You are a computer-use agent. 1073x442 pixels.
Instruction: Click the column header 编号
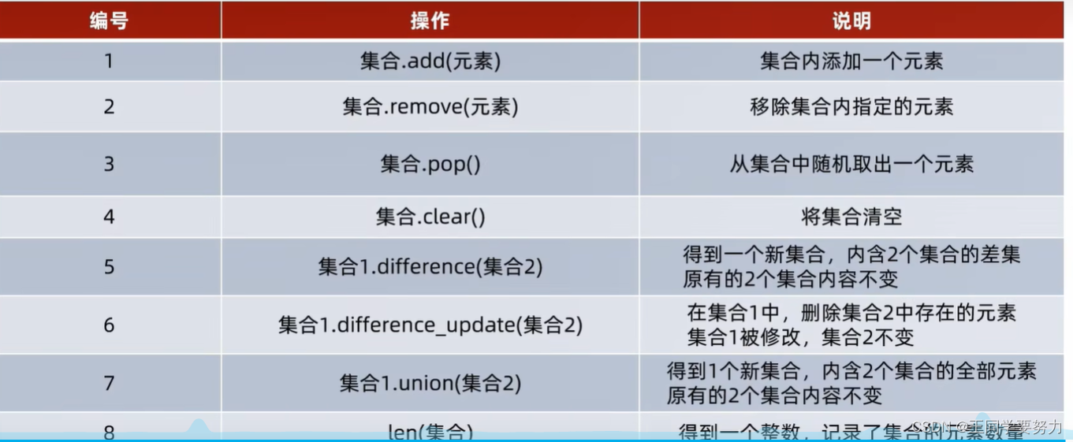pos(109,20)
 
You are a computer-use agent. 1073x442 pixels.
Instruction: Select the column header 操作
pos(430,20)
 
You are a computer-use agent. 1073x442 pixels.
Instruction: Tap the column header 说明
pos(851,20)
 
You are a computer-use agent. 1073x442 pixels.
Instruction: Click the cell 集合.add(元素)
pos(430,61)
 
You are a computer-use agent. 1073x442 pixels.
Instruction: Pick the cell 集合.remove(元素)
pos(430,106)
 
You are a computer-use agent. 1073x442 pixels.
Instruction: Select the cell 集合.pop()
pos(430,164)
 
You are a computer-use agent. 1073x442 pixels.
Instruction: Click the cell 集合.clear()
pos(430,216)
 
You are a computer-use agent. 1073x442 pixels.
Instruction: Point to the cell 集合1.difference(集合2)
pos(430,266)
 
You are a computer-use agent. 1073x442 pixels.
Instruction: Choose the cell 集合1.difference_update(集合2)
pos(430,325)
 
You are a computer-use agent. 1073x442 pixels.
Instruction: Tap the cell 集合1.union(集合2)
pos(430,383)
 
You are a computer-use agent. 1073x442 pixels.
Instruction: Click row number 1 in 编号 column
pos(109,61)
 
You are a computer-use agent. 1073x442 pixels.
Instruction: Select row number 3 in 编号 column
pos(109,164)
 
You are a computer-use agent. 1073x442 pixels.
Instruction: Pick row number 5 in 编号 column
pos(109,266)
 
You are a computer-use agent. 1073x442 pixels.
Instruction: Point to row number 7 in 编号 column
pos(109,383)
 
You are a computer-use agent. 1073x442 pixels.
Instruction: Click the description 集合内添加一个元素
pos(851,61)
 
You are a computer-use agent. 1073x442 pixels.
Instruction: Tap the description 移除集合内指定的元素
pos(851,106)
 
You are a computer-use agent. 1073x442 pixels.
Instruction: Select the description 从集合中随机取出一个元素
pos(851,164)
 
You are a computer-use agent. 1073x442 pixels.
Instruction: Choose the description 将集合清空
pos(851,216)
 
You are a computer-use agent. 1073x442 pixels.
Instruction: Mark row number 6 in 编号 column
pos(109,325)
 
